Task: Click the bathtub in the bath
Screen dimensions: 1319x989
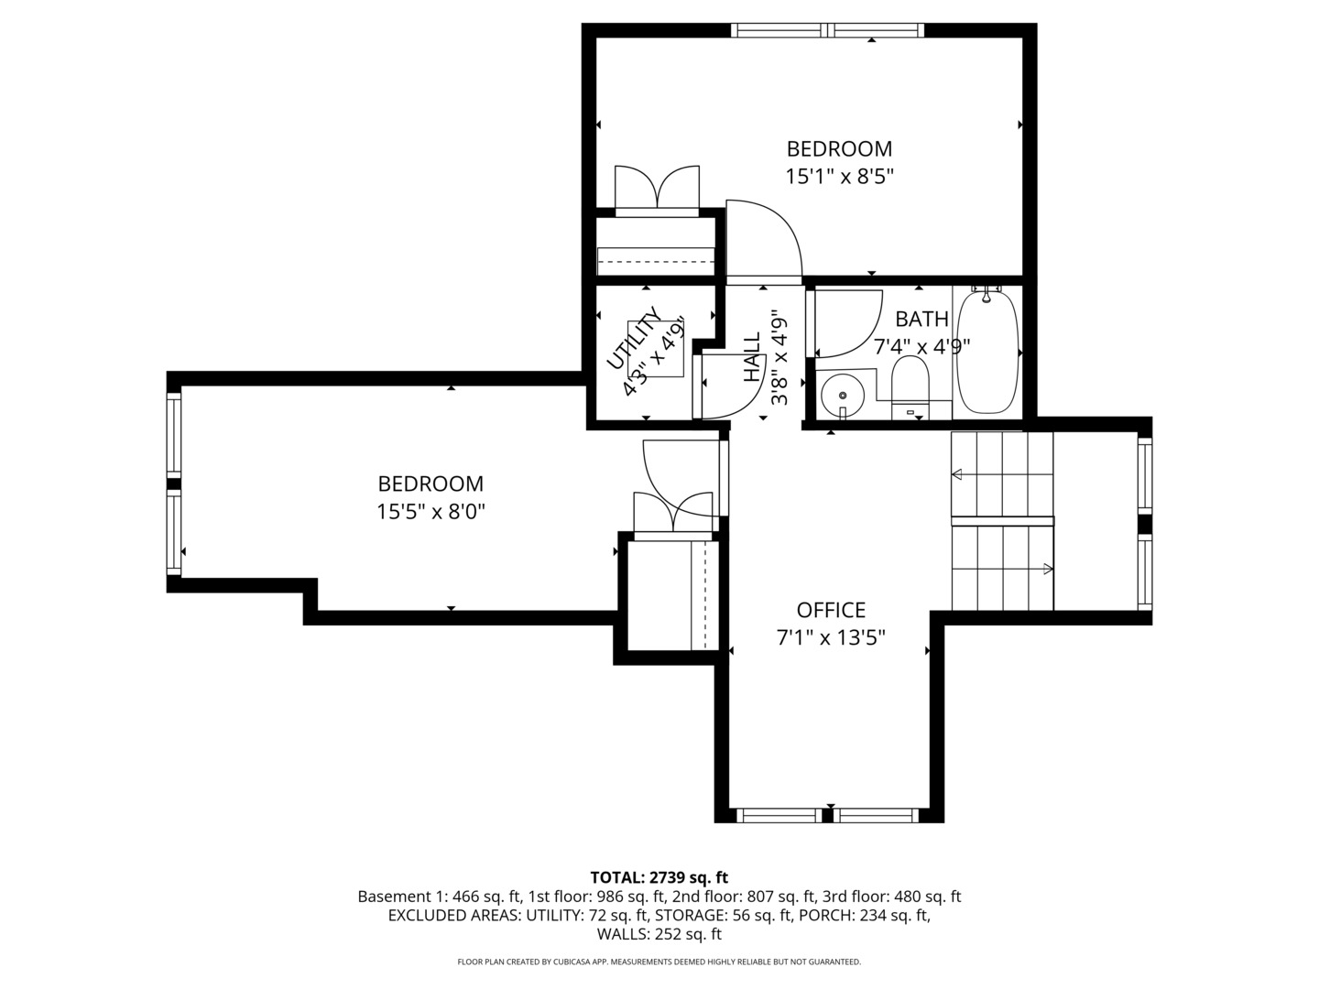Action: coord(987,353)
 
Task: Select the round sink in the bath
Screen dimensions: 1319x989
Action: coord(843,395)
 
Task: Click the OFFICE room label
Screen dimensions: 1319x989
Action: coord(831,610)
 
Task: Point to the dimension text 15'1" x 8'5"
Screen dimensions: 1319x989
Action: coord(839,177)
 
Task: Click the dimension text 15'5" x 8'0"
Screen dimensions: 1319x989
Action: coord(431,512)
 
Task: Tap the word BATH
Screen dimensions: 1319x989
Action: coord(921,320)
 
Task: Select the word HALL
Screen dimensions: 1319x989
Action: coord(752,357)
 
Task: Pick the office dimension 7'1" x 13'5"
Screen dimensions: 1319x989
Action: coord(831,637)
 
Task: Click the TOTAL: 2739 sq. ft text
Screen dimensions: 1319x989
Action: coord(659,877)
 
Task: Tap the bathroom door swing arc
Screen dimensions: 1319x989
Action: coord(866,336)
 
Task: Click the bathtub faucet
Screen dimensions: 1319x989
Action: coord(987,294)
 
